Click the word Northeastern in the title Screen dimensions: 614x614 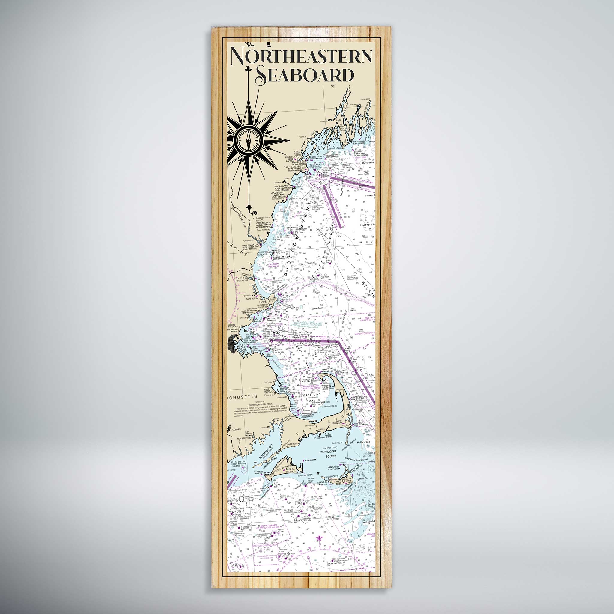point(301,56)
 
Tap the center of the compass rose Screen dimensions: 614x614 point(248,140)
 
